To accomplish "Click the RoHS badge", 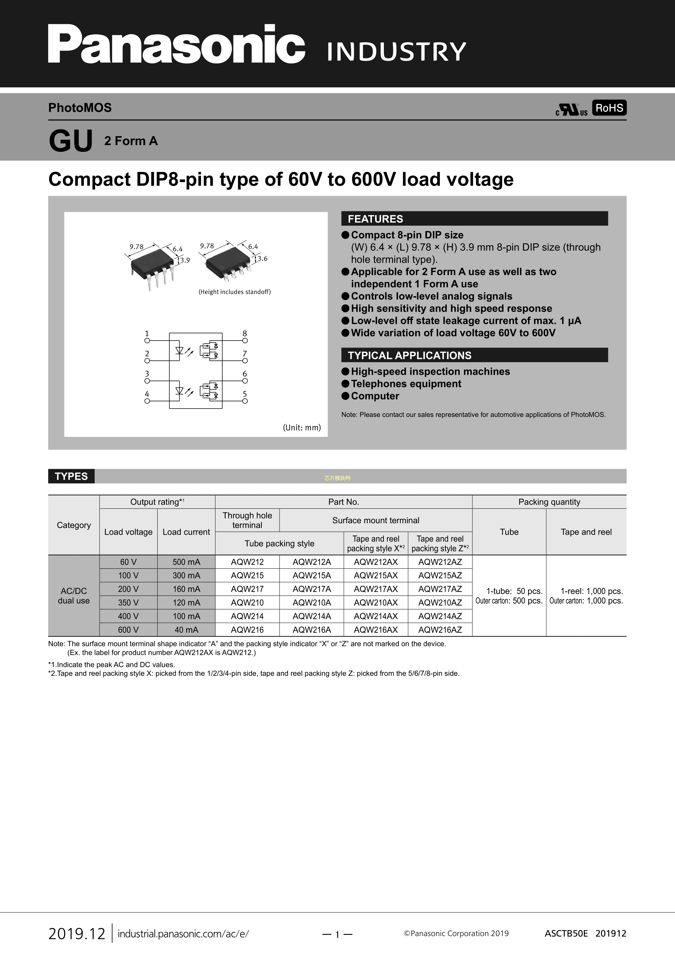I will [x=609, y=108].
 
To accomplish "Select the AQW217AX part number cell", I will [x=375, y=589].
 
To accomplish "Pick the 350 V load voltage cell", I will [x=128, y=602].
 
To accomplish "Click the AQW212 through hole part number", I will [x=247, y=562].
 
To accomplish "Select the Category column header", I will [x=73, y=525].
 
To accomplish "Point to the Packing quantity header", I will [x=549, y=502].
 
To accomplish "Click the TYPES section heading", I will [x=71, y=476].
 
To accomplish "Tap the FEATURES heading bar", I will [x=474, y=219].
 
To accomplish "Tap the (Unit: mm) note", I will [x=302, y=428].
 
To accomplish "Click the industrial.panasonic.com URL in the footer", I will [x=183, y=934].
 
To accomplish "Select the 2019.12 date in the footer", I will [x=77, y=934].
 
